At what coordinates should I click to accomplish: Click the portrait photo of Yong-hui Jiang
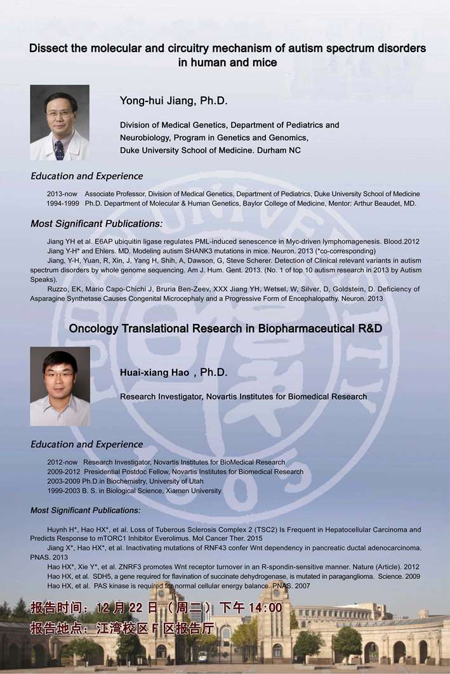click(60, 122)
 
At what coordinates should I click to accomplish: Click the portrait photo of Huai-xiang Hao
click(60, 386)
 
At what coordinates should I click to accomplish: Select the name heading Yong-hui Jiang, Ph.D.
click(173, 101)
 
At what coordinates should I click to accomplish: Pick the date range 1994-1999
click(63, 204)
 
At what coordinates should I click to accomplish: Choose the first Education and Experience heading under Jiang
click(86, 176)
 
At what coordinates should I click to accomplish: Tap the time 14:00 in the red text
click(265, 607)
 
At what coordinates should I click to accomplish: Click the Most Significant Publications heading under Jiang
click(96, 224)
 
